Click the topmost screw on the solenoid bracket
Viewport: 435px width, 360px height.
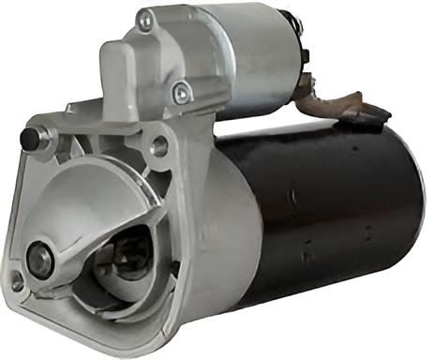[145, 19]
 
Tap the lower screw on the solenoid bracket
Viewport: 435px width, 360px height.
[181, 92]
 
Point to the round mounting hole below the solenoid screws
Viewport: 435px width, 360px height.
[159, 146]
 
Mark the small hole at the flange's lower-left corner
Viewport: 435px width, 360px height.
[17, 278]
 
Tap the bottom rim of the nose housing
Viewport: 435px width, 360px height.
[112, 319]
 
